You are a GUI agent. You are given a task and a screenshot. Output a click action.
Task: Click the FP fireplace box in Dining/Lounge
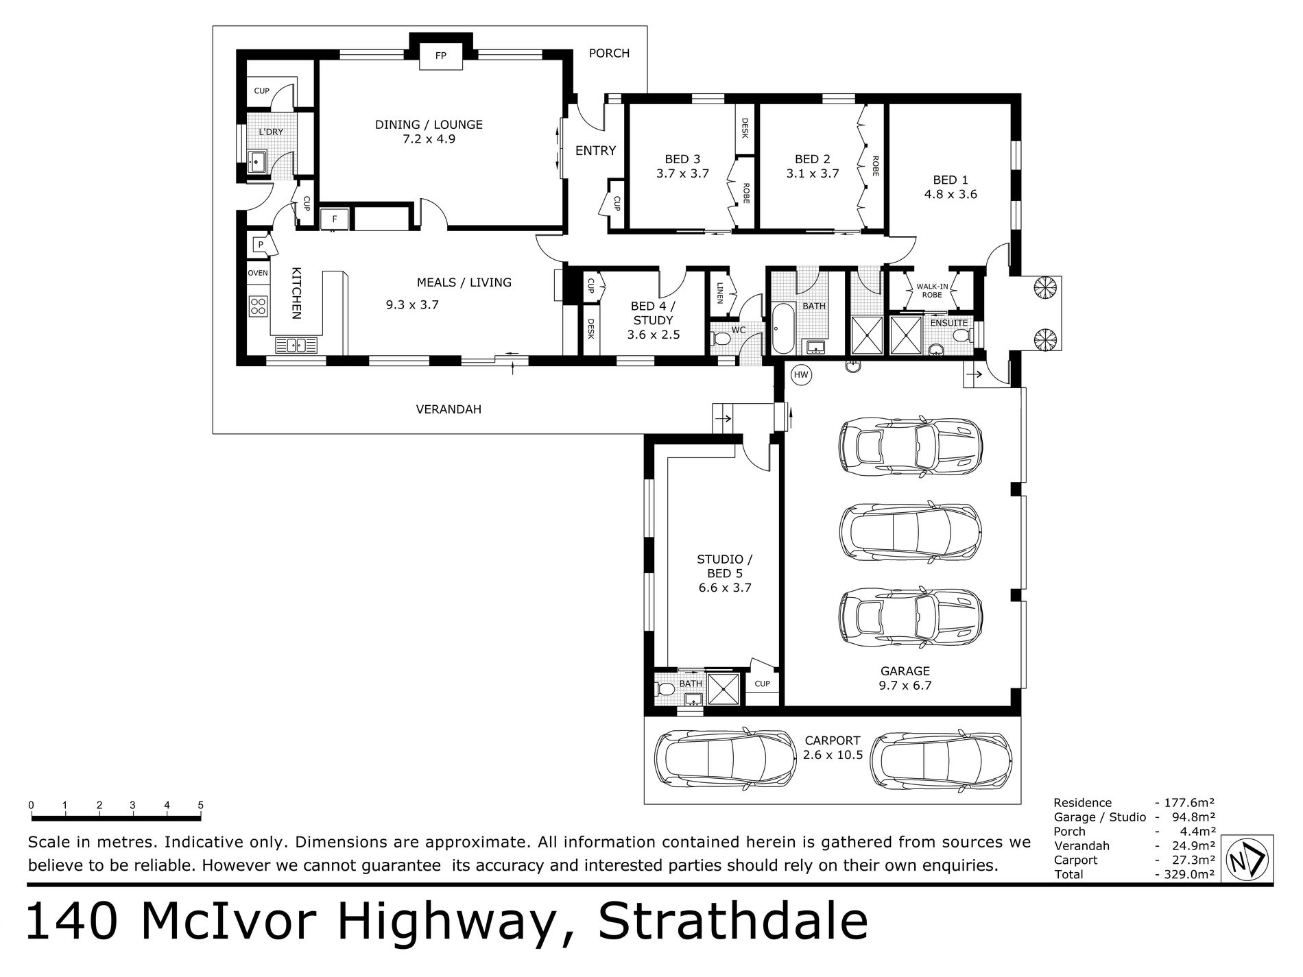pyautogui.click(x=441, y=56)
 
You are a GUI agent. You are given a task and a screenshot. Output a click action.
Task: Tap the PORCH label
pyautogui.click(x=609, y=53)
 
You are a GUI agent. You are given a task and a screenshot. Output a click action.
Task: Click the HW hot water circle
pyautogui.click(x=801, y=374)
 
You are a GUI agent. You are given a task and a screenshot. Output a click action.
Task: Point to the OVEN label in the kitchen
pyautogui.click(x=258, y=273)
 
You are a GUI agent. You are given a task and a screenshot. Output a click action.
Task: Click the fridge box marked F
pyautogui.click(x=335, y=219)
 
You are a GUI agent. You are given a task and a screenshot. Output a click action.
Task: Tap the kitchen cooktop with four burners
pyautogui.click(x=259, y=305)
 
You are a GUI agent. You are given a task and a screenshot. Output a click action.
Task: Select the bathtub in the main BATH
pyautogui.click(x=780, y=329)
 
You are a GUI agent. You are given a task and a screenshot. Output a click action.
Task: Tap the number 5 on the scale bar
pyautogui.click(x=201, y=805)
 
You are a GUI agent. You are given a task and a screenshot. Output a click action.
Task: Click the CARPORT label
pyautogui.click(x=833, y=740)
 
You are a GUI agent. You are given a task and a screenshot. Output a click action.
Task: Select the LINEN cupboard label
pyautogui.click(x=720, y=293)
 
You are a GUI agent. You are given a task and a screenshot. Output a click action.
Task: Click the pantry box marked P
pyautogui.click(x=261, y=245)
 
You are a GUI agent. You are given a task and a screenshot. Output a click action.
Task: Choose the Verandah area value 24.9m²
pyautogui.click(x=1185, y=845)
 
